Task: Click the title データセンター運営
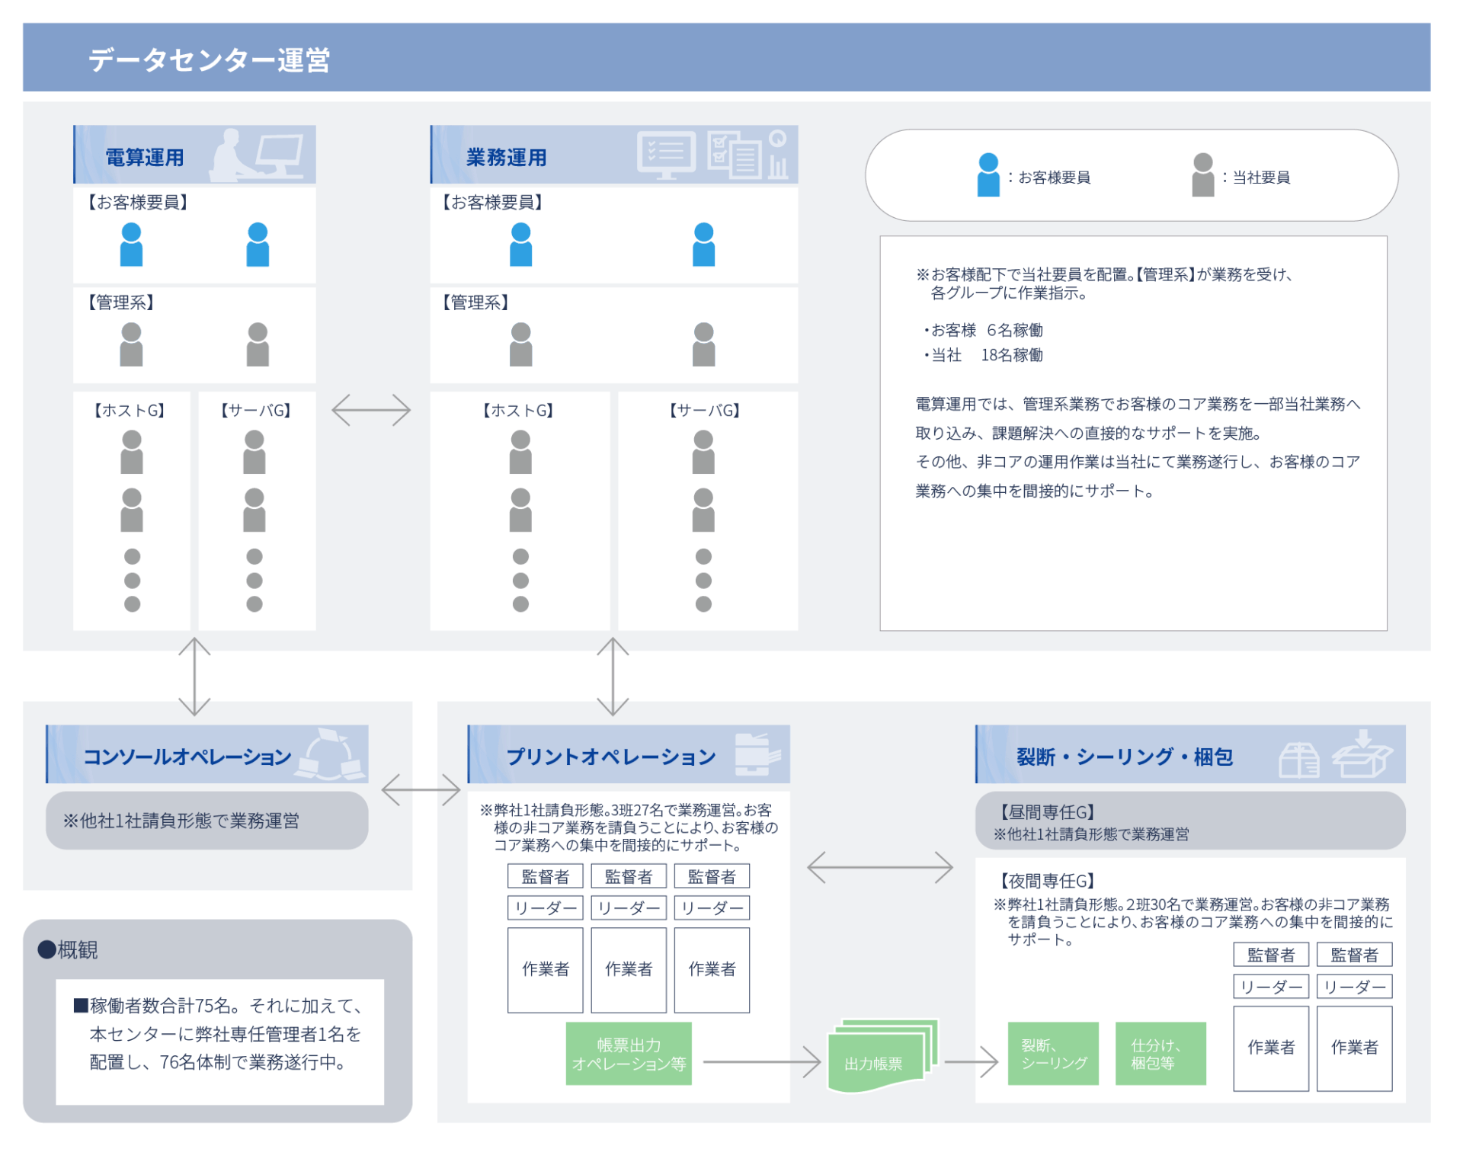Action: pyautogui.click(x=209, y=59)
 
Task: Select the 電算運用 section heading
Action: pyautogui.click(x=145, y=158)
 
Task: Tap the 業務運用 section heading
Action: pyautogui.click(x=507, y=158)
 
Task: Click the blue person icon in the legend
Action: pyautogui.click(x=988, y=174)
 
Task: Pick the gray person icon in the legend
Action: pyautogui.click(x=1202, y=174)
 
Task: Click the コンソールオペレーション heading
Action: pyautogui.click(x=187, y=757)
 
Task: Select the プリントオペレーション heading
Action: pyautogui.click(x=611, y=757)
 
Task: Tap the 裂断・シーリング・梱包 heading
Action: pyautogui.click(x=1125, y=757)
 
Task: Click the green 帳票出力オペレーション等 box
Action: pyautogui.click(x=629, y=1054)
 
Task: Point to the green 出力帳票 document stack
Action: pyautogui.click(x=882, y=1056)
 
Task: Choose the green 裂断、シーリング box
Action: pyautogui.click(x=1053, y=1054)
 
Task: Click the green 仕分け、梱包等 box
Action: pyautogui.click(x=1160, y=1054)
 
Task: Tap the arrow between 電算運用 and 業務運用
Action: pyautogui.click(x=371, y=410)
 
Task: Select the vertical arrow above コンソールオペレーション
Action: pyautogui.click(x=194, y=677)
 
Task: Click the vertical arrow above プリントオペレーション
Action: pyautogui.click(x=613, y=677)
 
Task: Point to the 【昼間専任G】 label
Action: pyautogui.click(x=1048, y=812)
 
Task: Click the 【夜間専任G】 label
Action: pyautogui.click(x=1048, y=881)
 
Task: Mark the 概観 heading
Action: pyautogui.click(x=68, y=950)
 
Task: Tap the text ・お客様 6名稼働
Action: pyautogui.click(x=982, y=330)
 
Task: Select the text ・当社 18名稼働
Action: pyautogui.click(x=982, y=355)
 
